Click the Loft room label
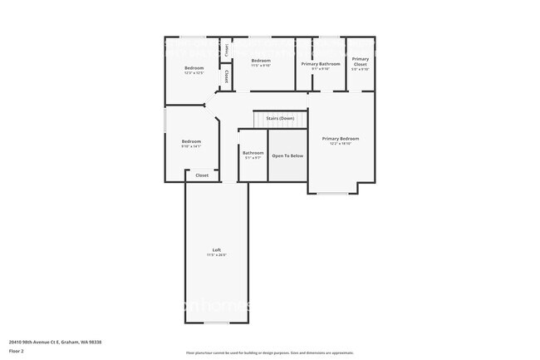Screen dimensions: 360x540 click(x=216, y=250)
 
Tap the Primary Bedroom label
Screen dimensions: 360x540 click(x=341, y=138)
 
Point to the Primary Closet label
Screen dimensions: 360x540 click(x=360, y=61)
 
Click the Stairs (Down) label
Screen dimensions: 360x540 click(x=279, y=119)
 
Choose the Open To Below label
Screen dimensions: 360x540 click(x=287, y=155)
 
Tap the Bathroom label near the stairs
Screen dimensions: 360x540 click(x=253, y=152)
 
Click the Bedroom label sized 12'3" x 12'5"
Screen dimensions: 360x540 click(x=194, y=67)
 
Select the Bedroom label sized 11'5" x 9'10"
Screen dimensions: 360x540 click(x=261, y=61)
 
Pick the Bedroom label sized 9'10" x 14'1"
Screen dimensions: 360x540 click(x=191, y=141)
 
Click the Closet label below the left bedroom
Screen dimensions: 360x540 click(x=202, y=175)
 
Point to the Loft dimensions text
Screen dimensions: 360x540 click(x=216, y=255)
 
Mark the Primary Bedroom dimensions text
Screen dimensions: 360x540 click(x=341, y=144)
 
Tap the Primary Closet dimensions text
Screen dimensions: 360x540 click(x=360, y=69)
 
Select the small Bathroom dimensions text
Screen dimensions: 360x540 click(x=253, y=157)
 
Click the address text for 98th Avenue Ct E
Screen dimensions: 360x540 click(x=60, y=341)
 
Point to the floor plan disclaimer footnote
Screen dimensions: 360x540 click(x=269, y=353)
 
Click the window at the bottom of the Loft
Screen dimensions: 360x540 click(x=216, y=323)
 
